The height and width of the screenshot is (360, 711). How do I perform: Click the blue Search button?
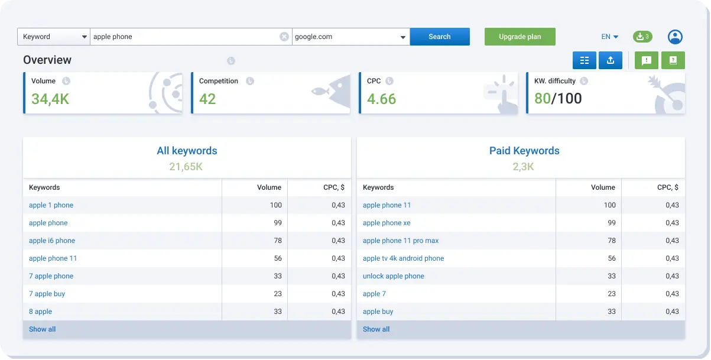(439, 37)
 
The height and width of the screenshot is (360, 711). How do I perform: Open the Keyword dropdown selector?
(54, 37)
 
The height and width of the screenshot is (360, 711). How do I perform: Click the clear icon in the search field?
(284, 37)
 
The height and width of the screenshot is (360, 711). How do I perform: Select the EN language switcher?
(609, 37)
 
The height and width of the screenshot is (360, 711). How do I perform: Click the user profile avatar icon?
(675, 37)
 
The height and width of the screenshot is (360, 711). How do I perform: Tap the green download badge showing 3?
(642, 37)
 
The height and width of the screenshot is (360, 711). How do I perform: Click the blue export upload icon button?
(611, 60)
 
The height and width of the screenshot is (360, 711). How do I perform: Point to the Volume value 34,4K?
(50, 99)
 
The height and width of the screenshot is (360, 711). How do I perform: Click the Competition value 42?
(207, 99)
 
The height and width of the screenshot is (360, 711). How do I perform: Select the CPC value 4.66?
(381, 99)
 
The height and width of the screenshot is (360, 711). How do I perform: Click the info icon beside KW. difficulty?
(584, 81)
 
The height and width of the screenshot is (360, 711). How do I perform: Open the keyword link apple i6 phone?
(52, 241)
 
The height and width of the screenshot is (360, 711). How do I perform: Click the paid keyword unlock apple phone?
(393, 276)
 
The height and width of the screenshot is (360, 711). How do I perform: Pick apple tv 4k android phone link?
(403, 258)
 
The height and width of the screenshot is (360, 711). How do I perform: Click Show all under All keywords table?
(42, 329)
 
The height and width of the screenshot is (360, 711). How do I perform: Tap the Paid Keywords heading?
(524, 151)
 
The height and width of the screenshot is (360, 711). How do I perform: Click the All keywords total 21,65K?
(186, 167)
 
